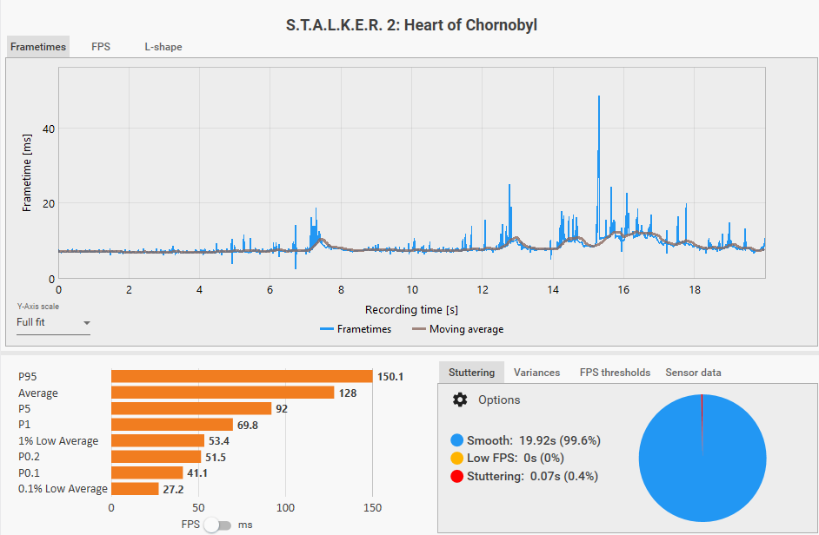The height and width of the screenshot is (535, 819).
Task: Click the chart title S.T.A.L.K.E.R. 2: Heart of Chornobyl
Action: pyautogui.click(x=411, y=24)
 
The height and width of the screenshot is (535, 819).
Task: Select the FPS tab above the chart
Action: pyautogui.click(x=101, y=47)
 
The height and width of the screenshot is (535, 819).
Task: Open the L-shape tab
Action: pyautogui.click(x=163, y=47)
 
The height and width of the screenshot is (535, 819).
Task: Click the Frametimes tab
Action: pyautogui.click(x=38, y=47)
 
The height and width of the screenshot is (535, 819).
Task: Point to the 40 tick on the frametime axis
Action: pyautogui.click(x=49, y=129)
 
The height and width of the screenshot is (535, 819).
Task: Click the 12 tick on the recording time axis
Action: pyautogui.click(x=483, y=290)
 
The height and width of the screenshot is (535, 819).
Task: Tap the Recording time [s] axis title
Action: pyautogui.click(x=411, y=309)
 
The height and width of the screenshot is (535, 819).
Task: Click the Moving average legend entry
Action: pyautogui.click(x=457, y=329)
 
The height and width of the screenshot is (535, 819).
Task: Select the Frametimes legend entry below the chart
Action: pyautogui.click(x=356, y=329)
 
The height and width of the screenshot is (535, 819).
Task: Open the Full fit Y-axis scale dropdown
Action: pyautogui.click(x=53, y=323)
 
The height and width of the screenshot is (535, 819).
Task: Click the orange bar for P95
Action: pyautogui.click(x=242, y=377)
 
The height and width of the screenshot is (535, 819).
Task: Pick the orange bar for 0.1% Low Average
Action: pyautogui.click(x=135, y=489)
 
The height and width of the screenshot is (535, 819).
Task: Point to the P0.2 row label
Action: pyautogui.click(x=30, y=457)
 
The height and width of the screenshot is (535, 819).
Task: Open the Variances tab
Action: pyautogui.click(x=536, y=373)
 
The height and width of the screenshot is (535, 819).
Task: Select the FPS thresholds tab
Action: pyautogui.click(x=615, y=373)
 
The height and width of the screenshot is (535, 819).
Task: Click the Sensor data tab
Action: pyautogui.click(x=693, y=373)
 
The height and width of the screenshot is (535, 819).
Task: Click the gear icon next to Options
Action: pyautogui.click(x=460, y=400)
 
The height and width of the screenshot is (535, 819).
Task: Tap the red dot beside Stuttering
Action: pyautogui.click(x=457, y=476)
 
